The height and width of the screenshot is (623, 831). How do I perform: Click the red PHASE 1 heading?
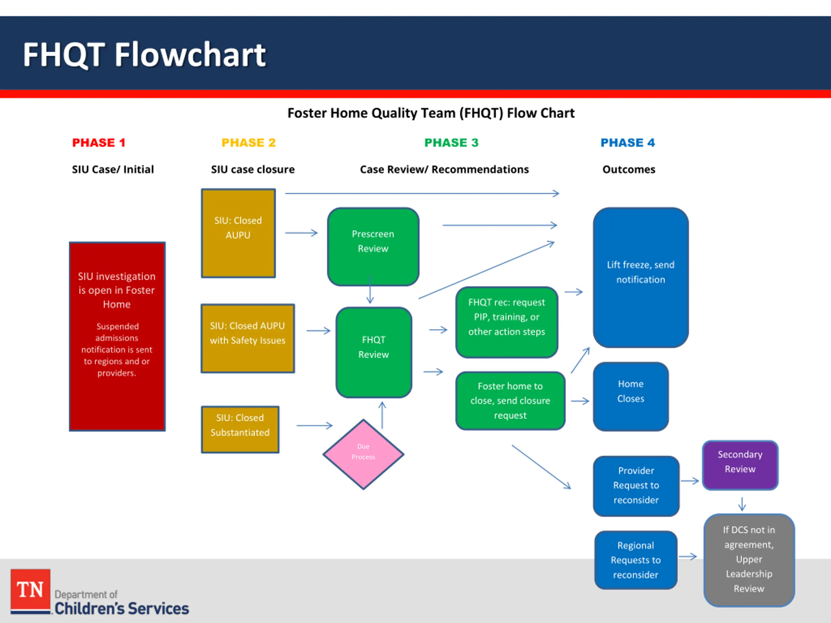(98, 143)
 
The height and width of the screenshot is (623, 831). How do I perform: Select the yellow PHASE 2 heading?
(249, 143)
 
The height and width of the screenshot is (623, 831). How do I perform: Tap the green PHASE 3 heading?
(452, 143)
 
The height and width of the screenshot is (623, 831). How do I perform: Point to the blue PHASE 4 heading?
(628, 143)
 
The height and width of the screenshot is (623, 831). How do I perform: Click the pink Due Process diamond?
(363, 454)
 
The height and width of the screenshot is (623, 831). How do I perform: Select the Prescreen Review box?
(373, 246)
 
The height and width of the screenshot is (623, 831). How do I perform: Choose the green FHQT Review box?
(374, 352)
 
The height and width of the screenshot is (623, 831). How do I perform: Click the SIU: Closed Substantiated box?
(240, 429)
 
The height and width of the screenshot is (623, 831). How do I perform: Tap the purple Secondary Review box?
(740, 465)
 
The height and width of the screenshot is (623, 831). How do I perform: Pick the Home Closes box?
(631, 396)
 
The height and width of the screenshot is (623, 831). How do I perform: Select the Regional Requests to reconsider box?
(636, 560)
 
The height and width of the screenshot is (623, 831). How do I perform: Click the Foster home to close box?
(510, 401)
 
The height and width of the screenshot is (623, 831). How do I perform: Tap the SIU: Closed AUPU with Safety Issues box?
(248, 338)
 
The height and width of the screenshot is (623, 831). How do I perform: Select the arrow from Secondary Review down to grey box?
(742, 504)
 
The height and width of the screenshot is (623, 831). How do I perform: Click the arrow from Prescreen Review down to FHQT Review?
(370, 289)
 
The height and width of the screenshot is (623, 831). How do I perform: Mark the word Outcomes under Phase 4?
(628, 169)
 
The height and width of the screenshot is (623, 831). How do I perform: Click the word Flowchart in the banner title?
(190, 55)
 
